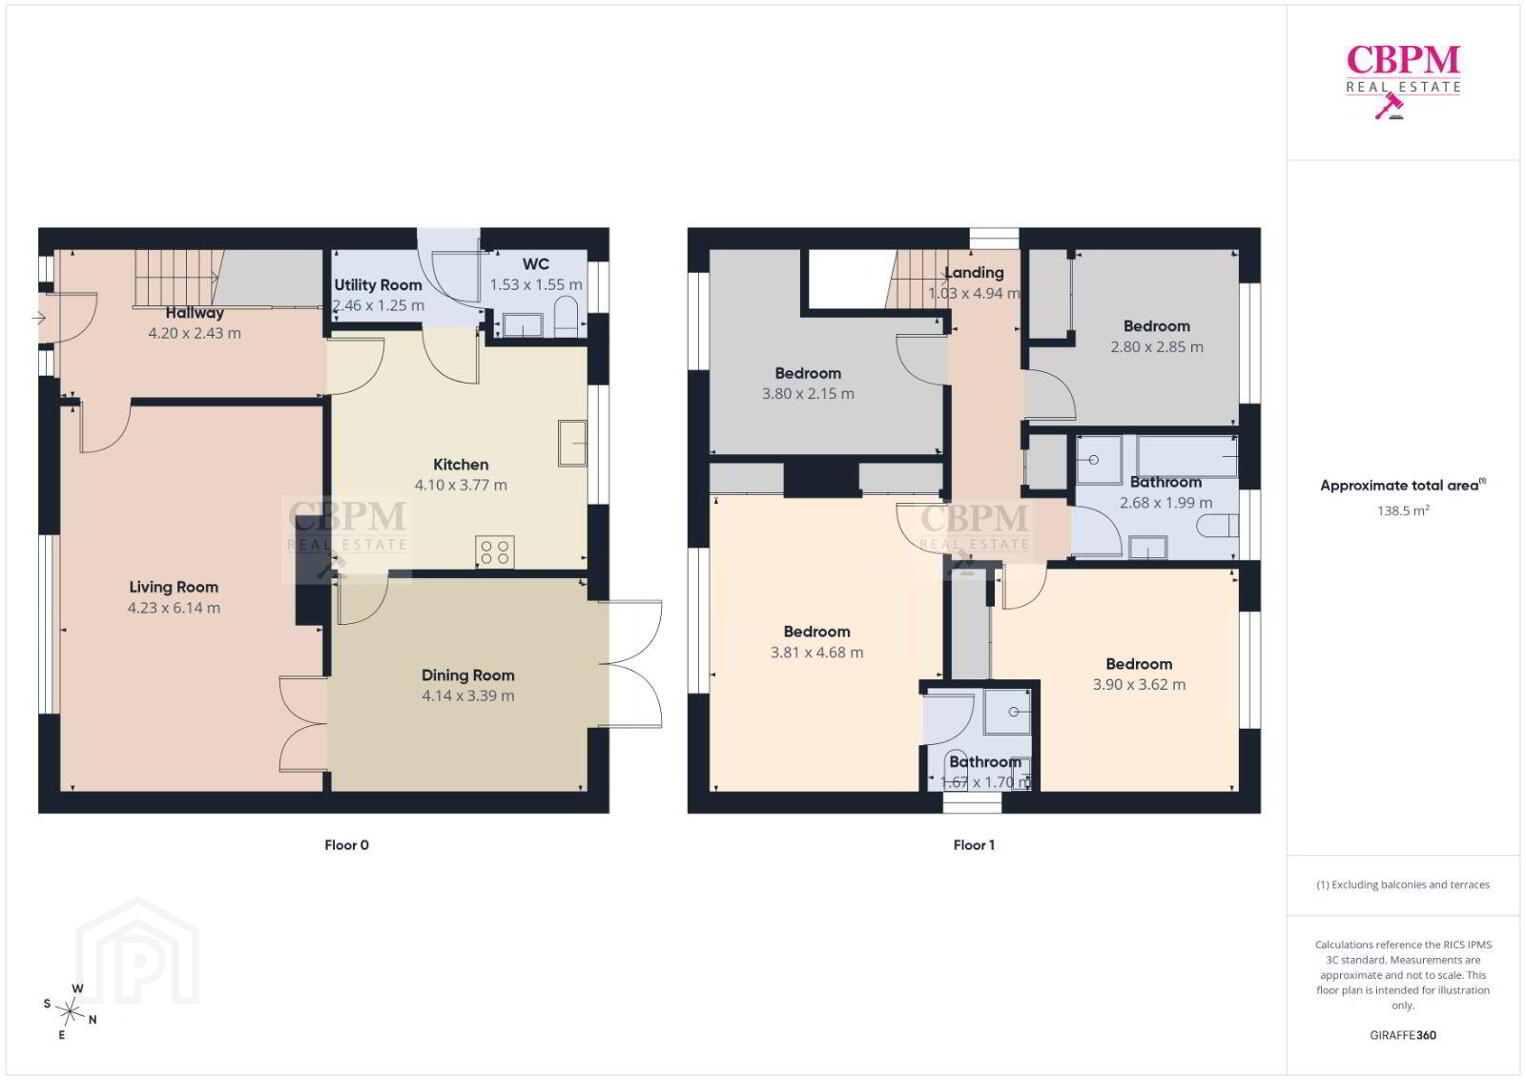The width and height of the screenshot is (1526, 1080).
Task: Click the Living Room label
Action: tap(174, 587)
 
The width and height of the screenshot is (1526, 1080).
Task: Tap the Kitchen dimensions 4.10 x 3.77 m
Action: tap(461, 485)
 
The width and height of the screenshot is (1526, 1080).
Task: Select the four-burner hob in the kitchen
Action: tap(495, 551)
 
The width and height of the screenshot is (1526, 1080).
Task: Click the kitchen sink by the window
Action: tap(572, 443)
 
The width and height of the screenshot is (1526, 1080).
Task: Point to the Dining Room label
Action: tap(467, 675)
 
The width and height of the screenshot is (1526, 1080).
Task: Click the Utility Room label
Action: tap(378, 285)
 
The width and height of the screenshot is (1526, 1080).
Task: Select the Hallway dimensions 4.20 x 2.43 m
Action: tap(195, 333)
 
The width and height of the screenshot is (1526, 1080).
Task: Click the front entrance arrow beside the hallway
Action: tap(38, 318)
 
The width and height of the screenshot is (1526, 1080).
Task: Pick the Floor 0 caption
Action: tap(346, 845)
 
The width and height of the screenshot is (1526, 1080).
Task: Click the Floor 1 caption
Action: tap(974, 845)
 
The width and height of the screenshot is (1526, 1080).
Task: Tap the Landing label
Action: tap(974, 273)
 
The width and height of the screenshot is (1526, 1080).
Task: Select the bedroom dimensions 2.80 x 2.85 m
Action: tap(1157, 347)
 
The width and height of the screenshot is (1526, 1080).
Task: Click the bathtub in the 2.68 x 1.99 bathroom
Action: tap(1187, 457)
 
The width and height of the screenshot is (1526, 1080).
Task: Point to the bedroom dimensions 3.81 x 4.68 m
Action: tap(817, 652)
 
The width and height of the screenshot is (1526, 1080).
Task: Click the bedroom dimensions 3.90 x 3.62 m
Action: tap(1139, 684)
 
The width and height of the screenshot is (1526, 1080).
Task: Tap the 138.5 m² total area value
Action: tap(1403, 510)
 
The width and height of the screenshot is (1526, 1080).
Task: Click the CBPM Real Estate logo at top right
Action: tap(1403, 81)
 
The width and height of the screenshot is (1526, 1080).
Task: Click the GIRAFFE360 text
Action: tap(1403, 1035)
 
